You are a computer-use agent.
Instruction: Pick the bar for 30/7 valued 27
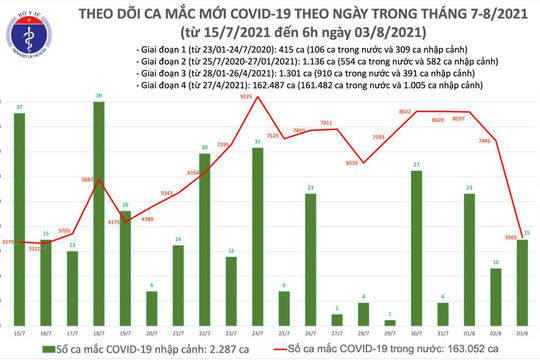click(415, 244)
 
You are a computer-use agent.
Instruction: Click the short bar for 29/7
click(389, 318)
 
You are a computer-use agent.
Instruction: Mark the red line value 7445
click(483, 142)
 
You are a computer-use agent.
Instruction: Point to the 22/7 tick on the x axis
click(204, 327)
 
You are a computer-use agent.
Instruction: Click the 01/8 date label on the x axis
click(468, 327)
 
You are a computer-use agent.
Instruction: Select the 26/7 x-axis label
click(310, 327)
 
